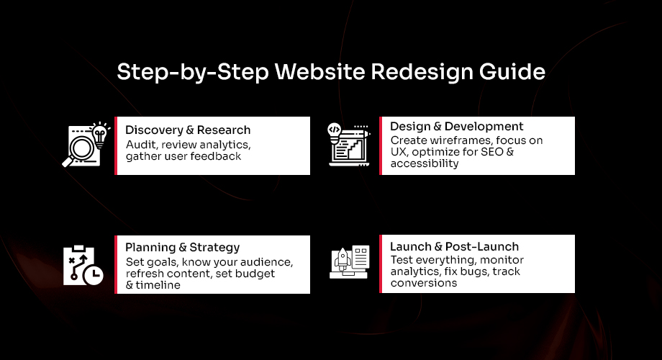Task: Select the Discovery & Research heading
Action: pyautogui.click(x=188, y=130)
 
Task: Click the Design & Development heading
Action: pyautogui.click(x=457, y=127)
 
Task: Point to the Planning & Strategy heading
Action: pyautogui.click(x=183, y=248)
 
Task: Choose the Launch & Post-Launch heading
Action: pyautogui.click(x=454, y=247)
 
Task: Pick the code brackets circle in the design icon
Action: pyautogui.click(x=334, y=130)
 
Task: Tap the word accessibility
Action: pyautogui.click(x=425, y=163)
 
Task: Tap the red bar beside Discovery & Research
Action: pyautogui.click(x=116, y=145)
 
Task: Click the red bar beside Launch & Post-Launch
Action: pyautogui.click(x=381, y=264)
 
